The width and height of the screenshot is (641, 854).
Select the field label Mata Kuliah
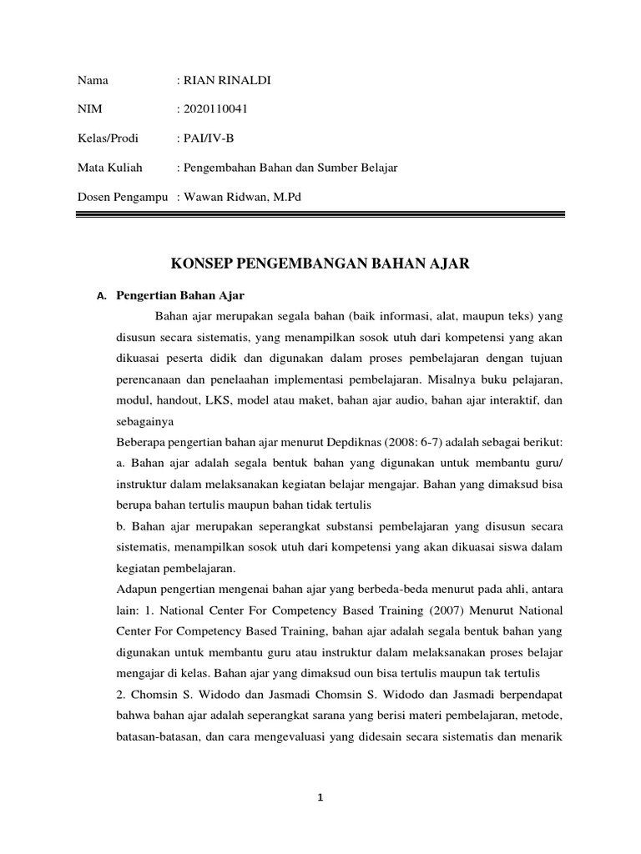[110, 168]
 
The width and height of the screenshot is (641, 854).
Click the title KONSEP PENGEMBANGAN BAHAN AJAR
[320, 264]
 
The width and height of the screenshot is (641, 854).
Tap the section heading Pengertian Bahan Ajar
[179, 296]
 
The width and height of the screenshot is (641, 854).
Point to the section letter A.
[102, 297]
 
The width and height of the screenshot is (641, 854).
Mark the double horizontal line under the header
[320, 215]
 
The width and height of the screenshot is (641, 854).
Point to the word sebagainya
[143, 422]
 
